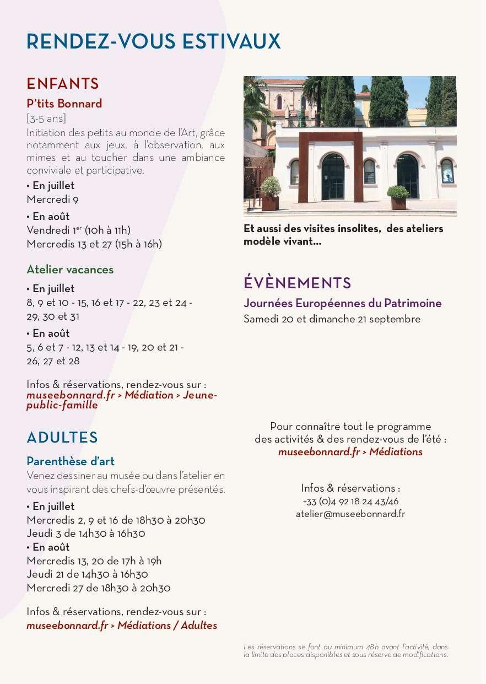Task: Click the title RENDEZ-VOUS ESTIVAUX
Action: (x=154, y=42)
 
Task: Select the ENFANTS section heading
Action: (x=63, y=84)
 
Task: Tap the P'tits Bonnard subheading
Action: (x=64, y=104)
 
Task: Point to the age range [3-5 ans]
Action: (x=46, y=119)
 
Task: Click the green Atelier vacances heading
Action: (x=70, y=270)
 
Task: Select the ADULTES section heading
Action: (x=62, y=438)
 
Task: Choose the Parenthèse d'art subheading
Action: (x=71, y=461)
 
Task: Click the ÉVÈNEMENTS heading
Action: (x=297, y=283)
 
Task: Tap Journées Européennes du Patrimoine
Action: (x=342, y=303)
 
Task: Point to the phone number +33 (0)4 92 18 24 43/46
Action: (x=350, y=502)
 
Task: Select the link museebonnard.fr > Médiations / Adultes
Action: (x=122, y=625)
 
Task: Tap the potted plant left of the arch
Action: (x=270, y=193)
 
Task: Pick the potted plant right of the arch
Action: (x=398, y=197)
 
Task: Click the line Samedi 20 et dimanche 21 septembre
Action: (x=332, y=319)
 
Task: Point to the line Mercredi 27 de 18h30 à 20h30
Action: (x=99, y=588)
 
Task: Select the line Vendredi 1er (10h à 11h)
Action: (x=78, y=230)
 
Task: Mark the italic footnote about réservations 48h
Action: (x=345, y=650)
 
